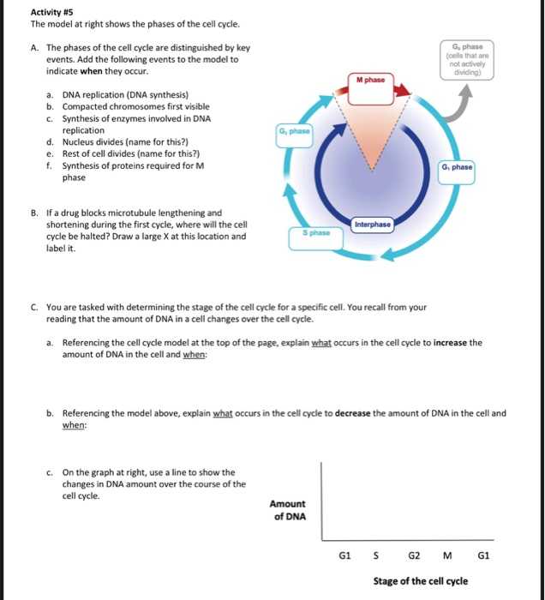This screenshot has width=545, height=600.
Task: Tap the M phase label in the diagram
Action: [x=370, y=81]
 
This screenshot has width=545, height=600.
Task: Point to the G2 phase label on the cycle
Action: [x=294, y=132]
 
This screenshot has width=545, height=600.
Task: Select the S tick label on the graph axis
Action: [x=377, y=555]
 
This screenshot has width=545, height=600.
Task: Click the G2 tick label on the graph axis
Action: [x=413, y=555]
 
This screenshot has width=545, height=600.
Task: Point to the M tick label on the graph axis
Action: [x=450, y=555]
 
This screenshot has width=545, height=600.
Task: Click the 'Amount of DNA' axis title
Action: [x=287, y=510]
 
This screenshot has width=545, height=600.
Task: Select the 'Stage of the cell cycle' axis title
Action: [x=420, y=581]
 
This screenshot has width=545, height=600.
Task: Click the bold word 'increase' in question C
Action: [x=456, y=342]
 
